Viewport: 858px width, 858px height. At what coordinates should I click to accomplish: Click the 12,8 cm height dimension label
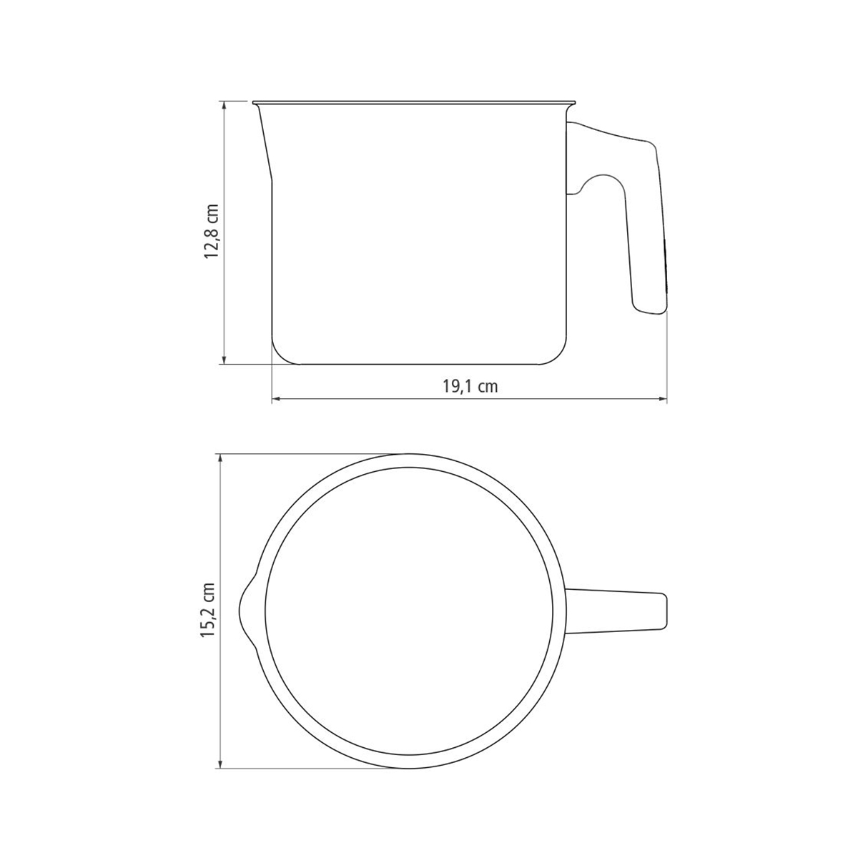(x=212, y=232)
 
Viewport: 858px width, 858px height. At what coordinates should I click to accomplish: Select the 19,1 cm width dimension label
(x=470, y=387)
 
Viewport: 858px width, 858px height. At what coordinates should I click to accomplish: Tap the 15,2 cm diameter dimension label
(x=208, y=610)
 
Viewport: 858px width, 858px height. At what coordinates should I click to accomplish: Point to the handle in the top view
(x=616, y=611)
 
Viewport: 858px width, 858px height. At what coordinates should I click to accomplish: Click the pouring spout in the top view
(x=247, y=611)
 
